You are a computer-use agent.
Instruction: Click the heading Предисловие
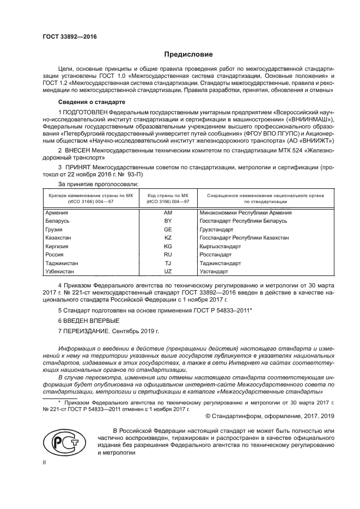pyautogui.click(x=188, y=54)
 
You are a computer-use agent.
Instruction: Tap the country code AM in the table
pyautogui.click(x=168, y=213)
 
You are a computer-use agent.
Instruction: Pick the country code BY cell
pyautogui.click(x=168, y=221)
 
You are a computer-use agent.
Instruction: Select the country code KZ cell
pyautogui.click(x=168, y=238)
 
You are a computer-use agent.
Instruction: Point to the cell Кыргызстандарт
pyautogui.click(x=220, y=246)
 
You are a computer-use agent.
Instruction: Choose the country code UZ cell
pyautogui.click(x=168, y=271)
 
